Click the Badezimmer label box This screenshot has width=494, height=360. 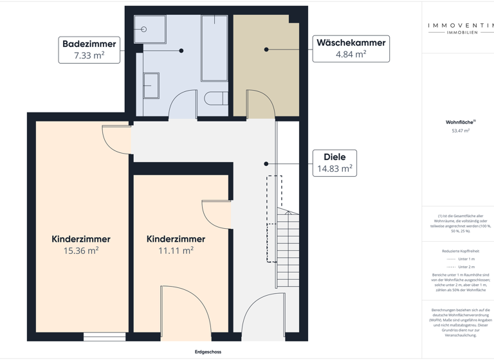click(x=89, y=50)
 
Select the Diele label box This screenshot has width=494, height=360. click(x=334, y=163)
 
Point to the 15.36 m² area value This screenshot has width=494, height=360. click(x=81, y=251)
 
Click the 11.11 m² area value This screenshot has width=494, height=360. click(x=176, y=251)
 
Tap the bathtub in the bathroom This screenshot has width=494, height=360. click(x=214, y=48)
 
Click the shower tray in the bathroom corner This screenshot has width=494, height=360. click(x=149, y=30)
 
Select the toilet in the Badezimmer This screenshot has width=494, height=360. click(x=215, y=99)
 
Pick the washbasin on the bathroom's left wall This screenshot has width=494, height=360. click(x=151, y=85)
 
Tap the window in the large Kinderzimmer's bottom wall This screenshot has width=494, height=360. click(x=104, y=336)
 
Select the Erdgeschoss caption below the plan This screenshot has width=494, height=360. click(x=208, y=352)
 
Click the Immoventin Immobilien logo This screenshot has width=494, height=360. click(x=461, y=28)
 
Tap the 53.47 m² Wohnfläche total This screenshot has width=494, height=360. click(x=461, y=130)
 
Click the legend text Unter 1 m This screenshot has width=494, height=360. click(x=466, y=259)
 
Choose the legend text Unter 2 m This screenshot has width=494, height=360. click(x=466, y=267)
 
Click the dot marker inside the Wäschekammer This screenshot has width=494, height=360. click(x=266, y=50)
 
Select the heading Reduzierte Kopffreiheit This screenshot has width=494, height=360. click(x=461, y=251)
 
